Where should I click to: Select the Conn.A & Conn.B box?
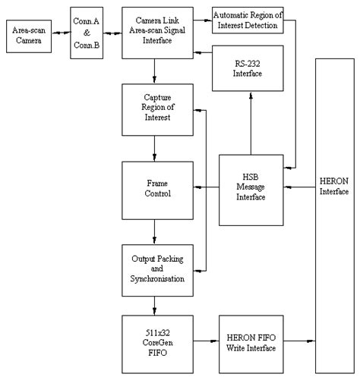coord(88,32)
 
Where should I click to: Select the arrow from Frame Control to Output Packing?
coord(155,228)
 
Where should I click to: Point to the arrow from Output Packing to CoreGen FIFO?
coord(155,304)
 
